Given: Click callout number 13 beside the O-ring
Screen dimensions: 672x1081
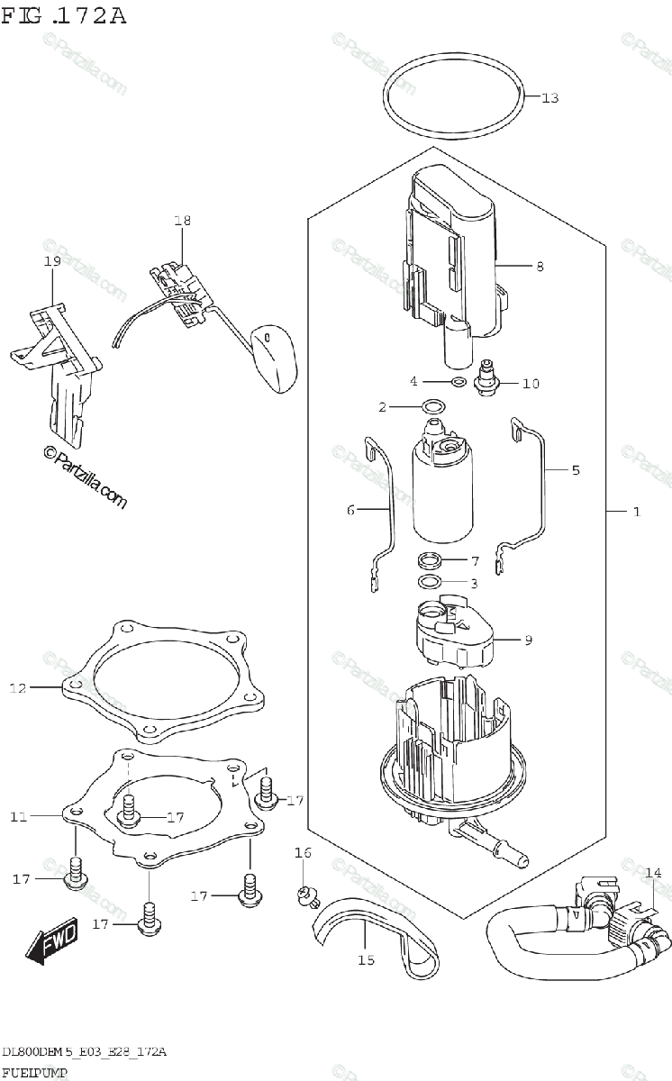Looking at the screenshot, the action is [550, 98].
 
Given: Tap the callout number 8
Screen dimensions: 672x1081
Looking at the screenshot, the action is [540, 267].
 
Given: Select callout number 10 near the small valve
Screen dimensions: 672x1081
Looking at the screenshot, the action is [531, 384].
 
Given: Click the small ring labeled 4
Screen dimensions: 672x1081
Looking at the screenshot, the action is [459, 382].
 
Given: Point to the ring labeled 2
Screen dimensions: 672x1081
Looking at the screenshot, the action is [432, 406].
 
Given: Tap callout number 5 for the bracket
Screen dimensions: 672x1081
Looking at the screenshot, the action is [575, 469].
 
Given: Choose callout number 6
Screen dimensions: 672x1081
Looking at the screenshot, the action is [351, 511].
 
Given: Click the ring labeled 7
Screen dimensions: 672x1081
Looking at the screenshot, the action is [431, 560].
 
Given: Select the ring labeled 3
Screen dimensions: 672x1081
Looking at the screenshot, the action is [431, 582].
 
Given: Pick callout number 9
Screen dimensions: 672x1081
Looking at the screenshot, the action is [528, 640].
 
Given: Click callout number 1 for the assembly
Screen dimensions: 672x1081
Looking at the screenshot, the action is [636, 512].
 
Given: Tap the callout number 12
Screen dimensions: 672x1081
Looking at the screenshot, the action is [19, 689].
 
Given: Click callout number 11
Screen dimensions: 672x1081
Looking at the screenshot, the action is [19, 817].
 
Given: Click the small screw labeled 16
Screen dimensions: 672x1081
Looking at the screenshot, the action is [304, 893].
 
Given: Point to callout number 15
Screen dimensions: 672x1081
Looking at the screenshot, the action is [366, 960].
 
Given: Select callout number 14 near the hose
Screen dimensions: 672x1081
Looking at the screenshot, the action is [653, 872].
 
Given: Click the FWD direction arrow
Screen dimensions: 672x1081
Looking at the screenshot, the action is [51, 940].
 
